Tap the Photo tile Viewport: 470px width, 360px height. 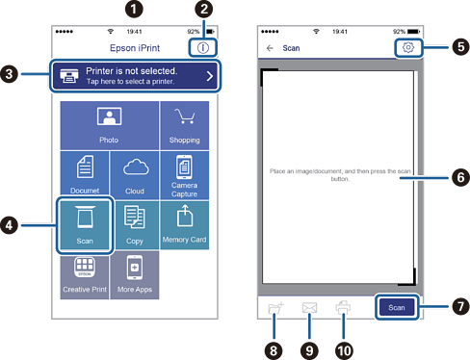pos(109,125)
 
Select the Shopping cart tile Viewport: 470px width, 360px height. pos(185,125)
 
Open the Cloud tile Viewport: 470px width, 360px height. pos(135,175)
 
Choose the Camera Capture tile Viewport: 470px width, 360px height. pos(185,175)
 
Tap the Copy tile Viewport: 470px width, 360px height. pos(135,225)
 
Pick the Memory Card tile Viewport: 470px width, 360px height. pos(185,225)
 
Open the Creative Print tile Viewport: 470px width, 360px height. pos(85,275)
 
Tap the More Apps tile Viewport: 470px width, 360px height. pos(135,275)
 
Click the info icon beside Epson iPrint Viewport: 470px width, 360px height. pos(203,48)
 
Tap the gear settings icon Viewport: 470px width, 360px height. pos(408,47)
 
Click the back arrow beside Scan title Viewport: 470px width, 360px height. pos(270,48)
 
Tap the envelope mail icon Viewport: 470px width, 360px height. pos(309,308)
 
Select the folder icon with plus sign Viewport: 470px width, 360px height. pos(275,308)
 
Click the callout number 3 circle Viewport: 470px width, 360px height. pos(9,74)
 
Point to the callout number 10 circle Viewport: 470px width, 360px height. pos(344,350)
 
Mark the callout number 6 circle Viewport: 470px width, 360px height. pos(460,177)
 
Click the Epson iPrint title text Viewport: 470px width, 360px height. pos(135,48)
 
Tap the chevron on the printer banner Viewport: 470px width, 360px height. pos(210,76)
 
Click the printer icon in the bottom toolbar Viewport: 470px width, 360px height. pos(343,307)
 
